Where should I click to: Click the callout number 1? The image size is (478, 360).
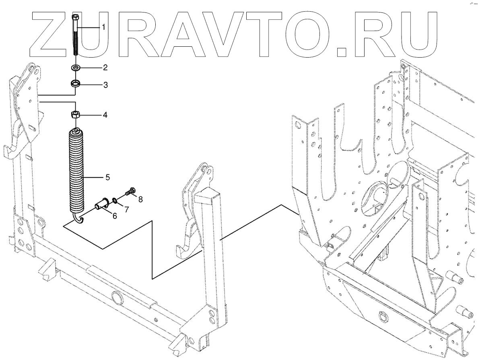click(103, 27)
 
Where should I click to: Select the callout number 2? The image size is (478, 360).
click(105, 66)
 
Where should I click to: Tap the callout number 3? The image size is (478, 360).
click(105, 85)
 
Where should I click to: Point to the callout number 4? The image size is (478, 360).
click(105, 115)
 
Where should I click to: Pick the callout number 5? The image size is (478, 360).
click(108, 176)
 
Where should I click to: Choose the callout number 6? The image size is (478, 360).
click(115, 216)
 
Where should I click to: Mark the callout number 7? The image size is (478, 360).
click(126, 209)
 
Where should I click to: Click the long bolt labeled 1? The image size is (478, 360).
click(75, 36)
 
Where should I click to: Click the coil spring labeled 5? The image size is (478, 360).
click(76, 169)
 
